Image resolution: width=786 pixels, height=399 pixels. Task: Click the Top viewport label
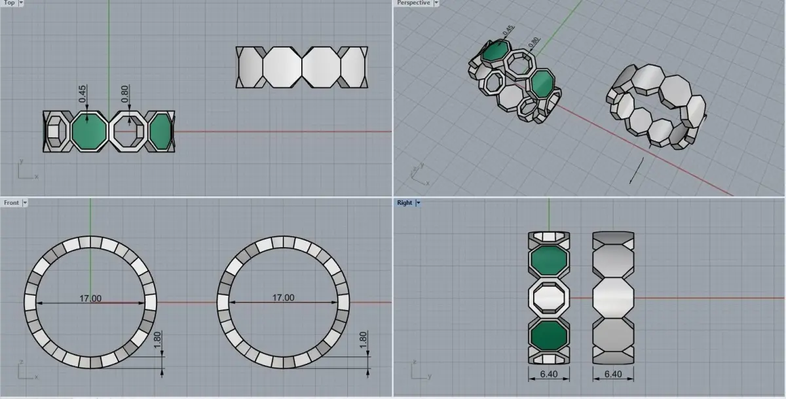tap(9, 3)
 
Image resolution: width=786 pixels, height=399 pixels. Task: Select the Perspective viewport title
tap(413, 3)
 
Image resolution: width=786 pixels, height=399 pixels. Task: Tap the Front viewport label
tap(11, 203)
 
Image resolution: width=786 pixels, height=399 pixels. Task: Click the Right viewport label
tap(405, 203)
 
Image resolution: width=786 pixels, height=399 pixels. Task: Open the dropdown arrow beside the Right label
tap(419, 203)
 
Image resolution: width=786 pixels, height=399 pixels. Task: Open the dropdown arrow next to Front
tap(25, 203)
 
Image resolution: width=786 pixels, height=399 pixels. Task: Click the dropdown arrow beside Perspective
tap(436, 3)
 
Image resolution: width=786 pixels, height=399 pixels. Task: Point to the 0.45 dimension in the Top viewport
tap(83, 94)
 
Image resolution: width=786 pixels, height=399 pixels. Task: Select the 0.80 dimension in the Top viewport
tap(125, 94)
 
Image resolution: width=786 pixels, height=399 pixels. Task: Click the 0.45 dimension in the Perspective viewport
tap(508, 30)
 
